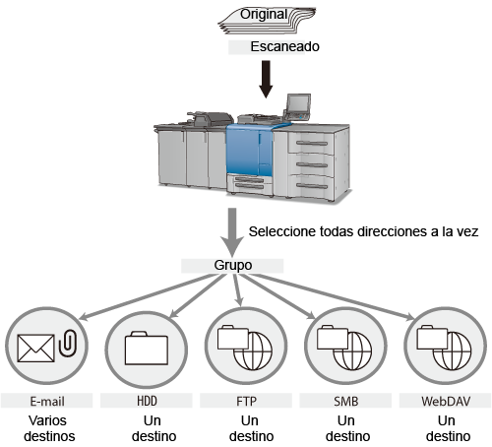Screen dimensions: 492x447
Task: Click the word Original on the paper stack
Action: click(x=264, y=15)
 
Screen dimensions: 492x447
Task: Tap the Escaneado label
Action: click(x=284, y=46)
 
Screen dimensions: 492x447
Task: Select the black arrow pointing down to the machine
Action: click(x=266, y=79)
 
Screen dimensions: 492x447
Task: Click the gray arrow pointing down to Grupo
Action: click(x=232, y=232)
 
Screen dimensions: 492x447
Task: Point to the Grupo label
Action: click(x=233, y=265)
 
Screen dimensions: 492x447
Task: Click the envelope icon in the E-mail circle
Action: click(x=35, y=349)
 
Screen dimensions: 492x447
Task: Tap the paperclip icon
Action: click(x=68, y=343)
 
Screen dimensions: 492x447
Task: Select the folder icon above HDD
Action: click(x=147, y=349)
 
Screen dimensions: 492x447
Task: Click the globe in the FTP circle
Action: click(x=253, y=351)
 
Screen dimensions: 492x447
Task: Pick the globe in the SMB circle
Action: click(x=352, y=351)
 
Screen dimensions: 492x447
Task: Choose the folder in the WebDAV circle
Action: click(x=432, y=337)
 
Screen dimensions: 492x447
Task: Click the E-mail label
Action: click(x=47, y=401)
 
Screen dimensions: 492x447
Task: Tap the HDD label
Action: click(x=147, y=401)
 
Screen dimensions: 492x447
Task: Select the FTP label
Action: click(x=246, y=401)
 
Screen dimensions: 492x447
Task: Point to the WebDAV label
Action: click(x=446, y=401)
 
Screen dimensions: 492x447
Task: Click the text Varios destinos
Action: click(x=49, y=428)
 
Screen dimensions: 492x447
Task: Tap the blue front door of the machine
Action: click(x=249, y=151)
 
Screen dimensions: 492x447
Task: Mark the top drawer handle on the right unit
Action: click(x=312, y=143)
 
